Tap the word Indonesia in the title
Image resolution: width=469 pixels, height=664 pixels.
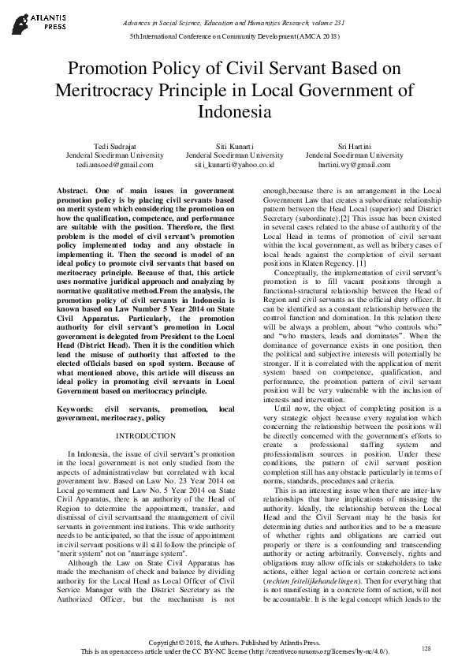tap(234, 111)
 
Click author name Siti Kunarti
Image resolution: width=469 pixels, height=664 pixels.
tap(234, 147)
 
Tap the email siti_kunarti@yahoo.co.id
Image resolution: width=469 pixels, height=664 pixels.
tap(234, 166)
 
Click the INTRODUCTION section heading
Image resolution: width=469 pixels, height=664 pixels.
tap(147, 435)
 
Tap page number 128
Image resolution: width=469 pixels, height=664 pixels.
tap(426, 648)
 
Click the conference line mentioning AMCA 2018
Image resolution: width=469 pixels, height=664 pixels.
tap(234, 36)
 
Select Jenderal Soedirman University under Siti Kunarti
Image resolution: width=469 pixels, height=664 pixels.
tap(234, 156)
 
